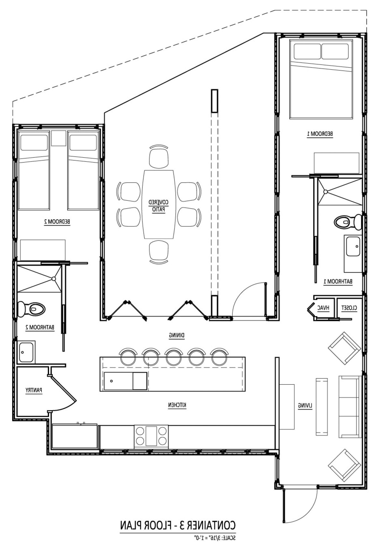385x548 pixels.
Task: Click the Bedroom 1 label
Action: pos(320,134)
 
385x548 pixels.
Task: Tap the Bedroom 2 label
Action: pos(57,222)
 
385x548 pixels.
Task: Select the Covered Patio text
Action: pos(158,206)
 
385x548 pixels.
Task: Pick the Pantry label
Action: pos(34,390)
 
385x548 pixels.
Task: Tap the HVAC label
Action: pos(323,308)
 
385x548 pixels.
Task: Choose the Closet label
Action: pos(349,308)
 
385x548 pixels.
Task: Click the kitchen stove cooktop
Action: pos(151,436)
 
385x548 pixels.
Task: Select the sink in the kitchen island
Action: pos(118,381)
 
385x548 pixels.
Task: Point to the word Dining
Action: pos(177,335)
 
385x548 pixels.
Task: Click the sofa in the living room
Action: pos(349,407)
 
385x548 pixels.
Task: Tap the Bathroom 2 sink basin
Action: pos(26,352)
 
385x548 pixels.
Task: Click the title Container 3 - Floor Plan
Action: pos(178,526)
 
